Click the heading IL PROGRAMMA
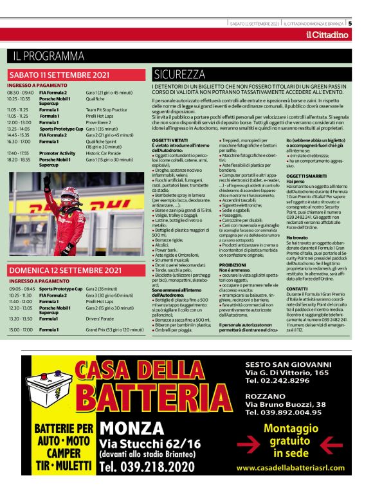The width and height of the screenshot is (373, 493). (48, 56)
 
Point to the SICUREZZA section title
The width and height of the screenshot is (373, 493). (179, 74)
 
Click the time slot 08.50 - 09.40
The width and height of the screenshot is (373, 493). (19, 93)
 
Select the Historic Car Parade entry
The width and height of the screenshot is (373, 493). (105, 153)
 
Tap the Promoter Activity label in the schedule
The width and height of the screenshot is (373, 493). (57, 153)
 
